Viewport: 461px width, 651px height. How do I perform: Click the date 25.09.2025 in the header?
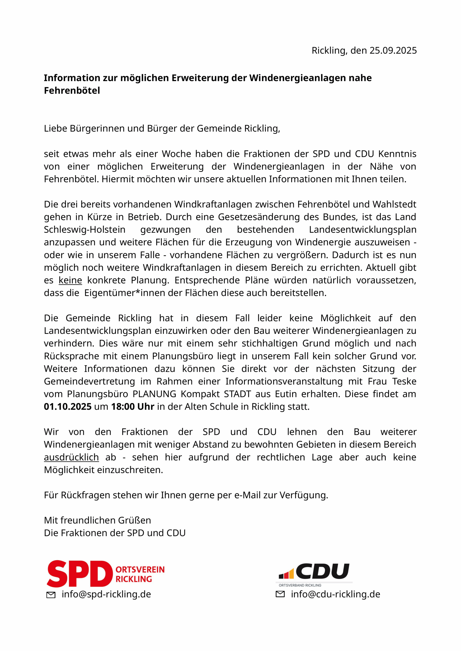393,50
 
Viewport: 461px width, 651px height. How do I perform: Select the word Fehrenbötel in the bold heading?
72,91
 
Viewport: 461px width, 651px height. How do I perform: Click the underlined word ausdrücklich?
71,457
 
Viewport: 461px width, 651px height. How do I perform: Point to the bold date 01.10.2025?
67,407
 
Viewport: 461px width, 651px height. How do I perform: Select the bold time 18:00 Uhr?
133,407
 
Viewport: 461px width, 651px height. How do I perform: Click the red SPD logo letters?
79,574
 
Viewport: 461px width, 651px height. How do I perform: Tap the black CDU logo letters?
323,571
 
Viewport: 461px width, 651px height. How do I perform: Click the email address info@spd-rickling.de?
106,594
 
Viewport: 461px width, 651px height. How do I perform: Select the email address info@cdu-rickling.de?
335,594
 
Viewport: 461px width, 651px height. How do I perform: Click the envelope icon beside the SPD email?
51,595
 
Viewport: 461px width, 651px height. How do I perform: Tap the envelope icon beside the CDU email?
280,594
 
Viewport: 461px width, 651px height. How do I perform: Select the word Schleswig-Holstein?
85,229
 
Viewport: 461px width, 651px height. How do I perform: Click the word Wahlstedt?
394,204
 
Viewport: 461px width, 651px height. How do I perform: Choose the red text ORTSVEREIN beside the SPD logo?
140,570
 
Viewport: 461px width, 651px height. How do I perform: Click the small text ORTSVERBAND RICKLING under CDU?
300,585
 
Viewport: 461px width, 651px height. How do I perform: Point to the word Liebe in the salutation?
56,128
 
